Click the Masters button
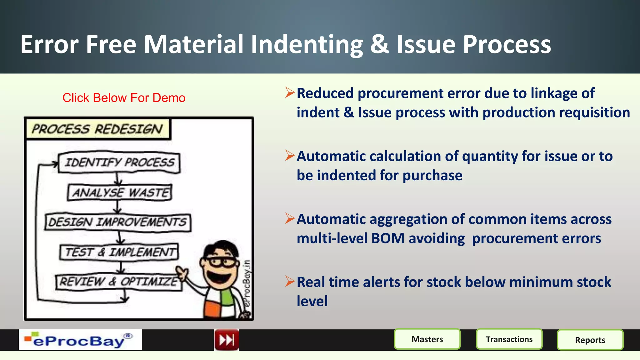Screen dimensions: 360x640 tap(427, 339)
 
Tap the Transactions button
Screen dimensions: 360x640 tap(509, 339)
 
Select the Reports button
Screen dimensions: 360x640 tap(590, 340)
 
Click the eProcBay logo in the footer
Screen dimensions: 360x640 tap(80, 340)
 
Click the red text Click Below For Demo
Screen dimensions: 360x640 tap(124, 98)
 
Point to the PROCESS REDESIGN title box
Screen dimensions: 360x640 tap(97, 129)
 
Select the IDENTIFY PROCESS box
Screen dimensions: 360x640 tap(119, 162)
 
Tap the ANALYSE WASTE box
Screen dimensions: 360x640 tap(120, 192)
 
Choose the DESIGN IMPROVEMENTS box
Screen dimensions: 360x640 tap(117, 222)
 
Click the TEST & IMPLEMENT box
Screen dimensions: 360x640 tap(119, 252)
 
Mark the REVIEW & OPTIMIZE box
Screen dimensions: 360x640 tap(118, 282)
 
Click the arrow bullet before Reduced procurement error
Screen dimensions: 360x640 tap(290, 92)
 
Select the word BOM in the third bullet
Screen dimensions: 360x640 tap(388, 238)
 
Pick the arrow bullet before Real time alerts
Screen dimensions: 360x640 tap(290, 281)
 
